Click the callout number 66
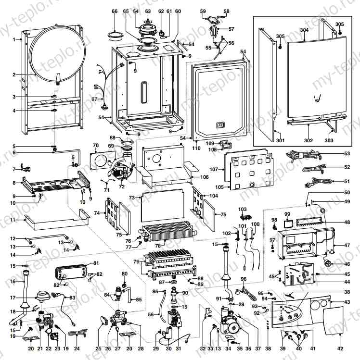click(115, 11)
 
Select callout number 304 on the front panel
click(304, 30)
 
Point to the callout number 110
click(196, 148)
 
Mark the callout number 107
click(214, 169)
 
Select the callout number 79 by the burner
click(136, 261)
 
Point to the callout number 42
click(340, 348)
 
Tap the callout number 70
click(95, 145)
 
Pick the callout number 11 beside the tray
click(14, 219)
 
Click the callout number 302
click(308, 140)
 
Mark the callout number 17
click(14, 298)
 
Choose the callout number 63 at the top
click(148, 11)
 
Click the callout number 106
click(205, 177)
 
